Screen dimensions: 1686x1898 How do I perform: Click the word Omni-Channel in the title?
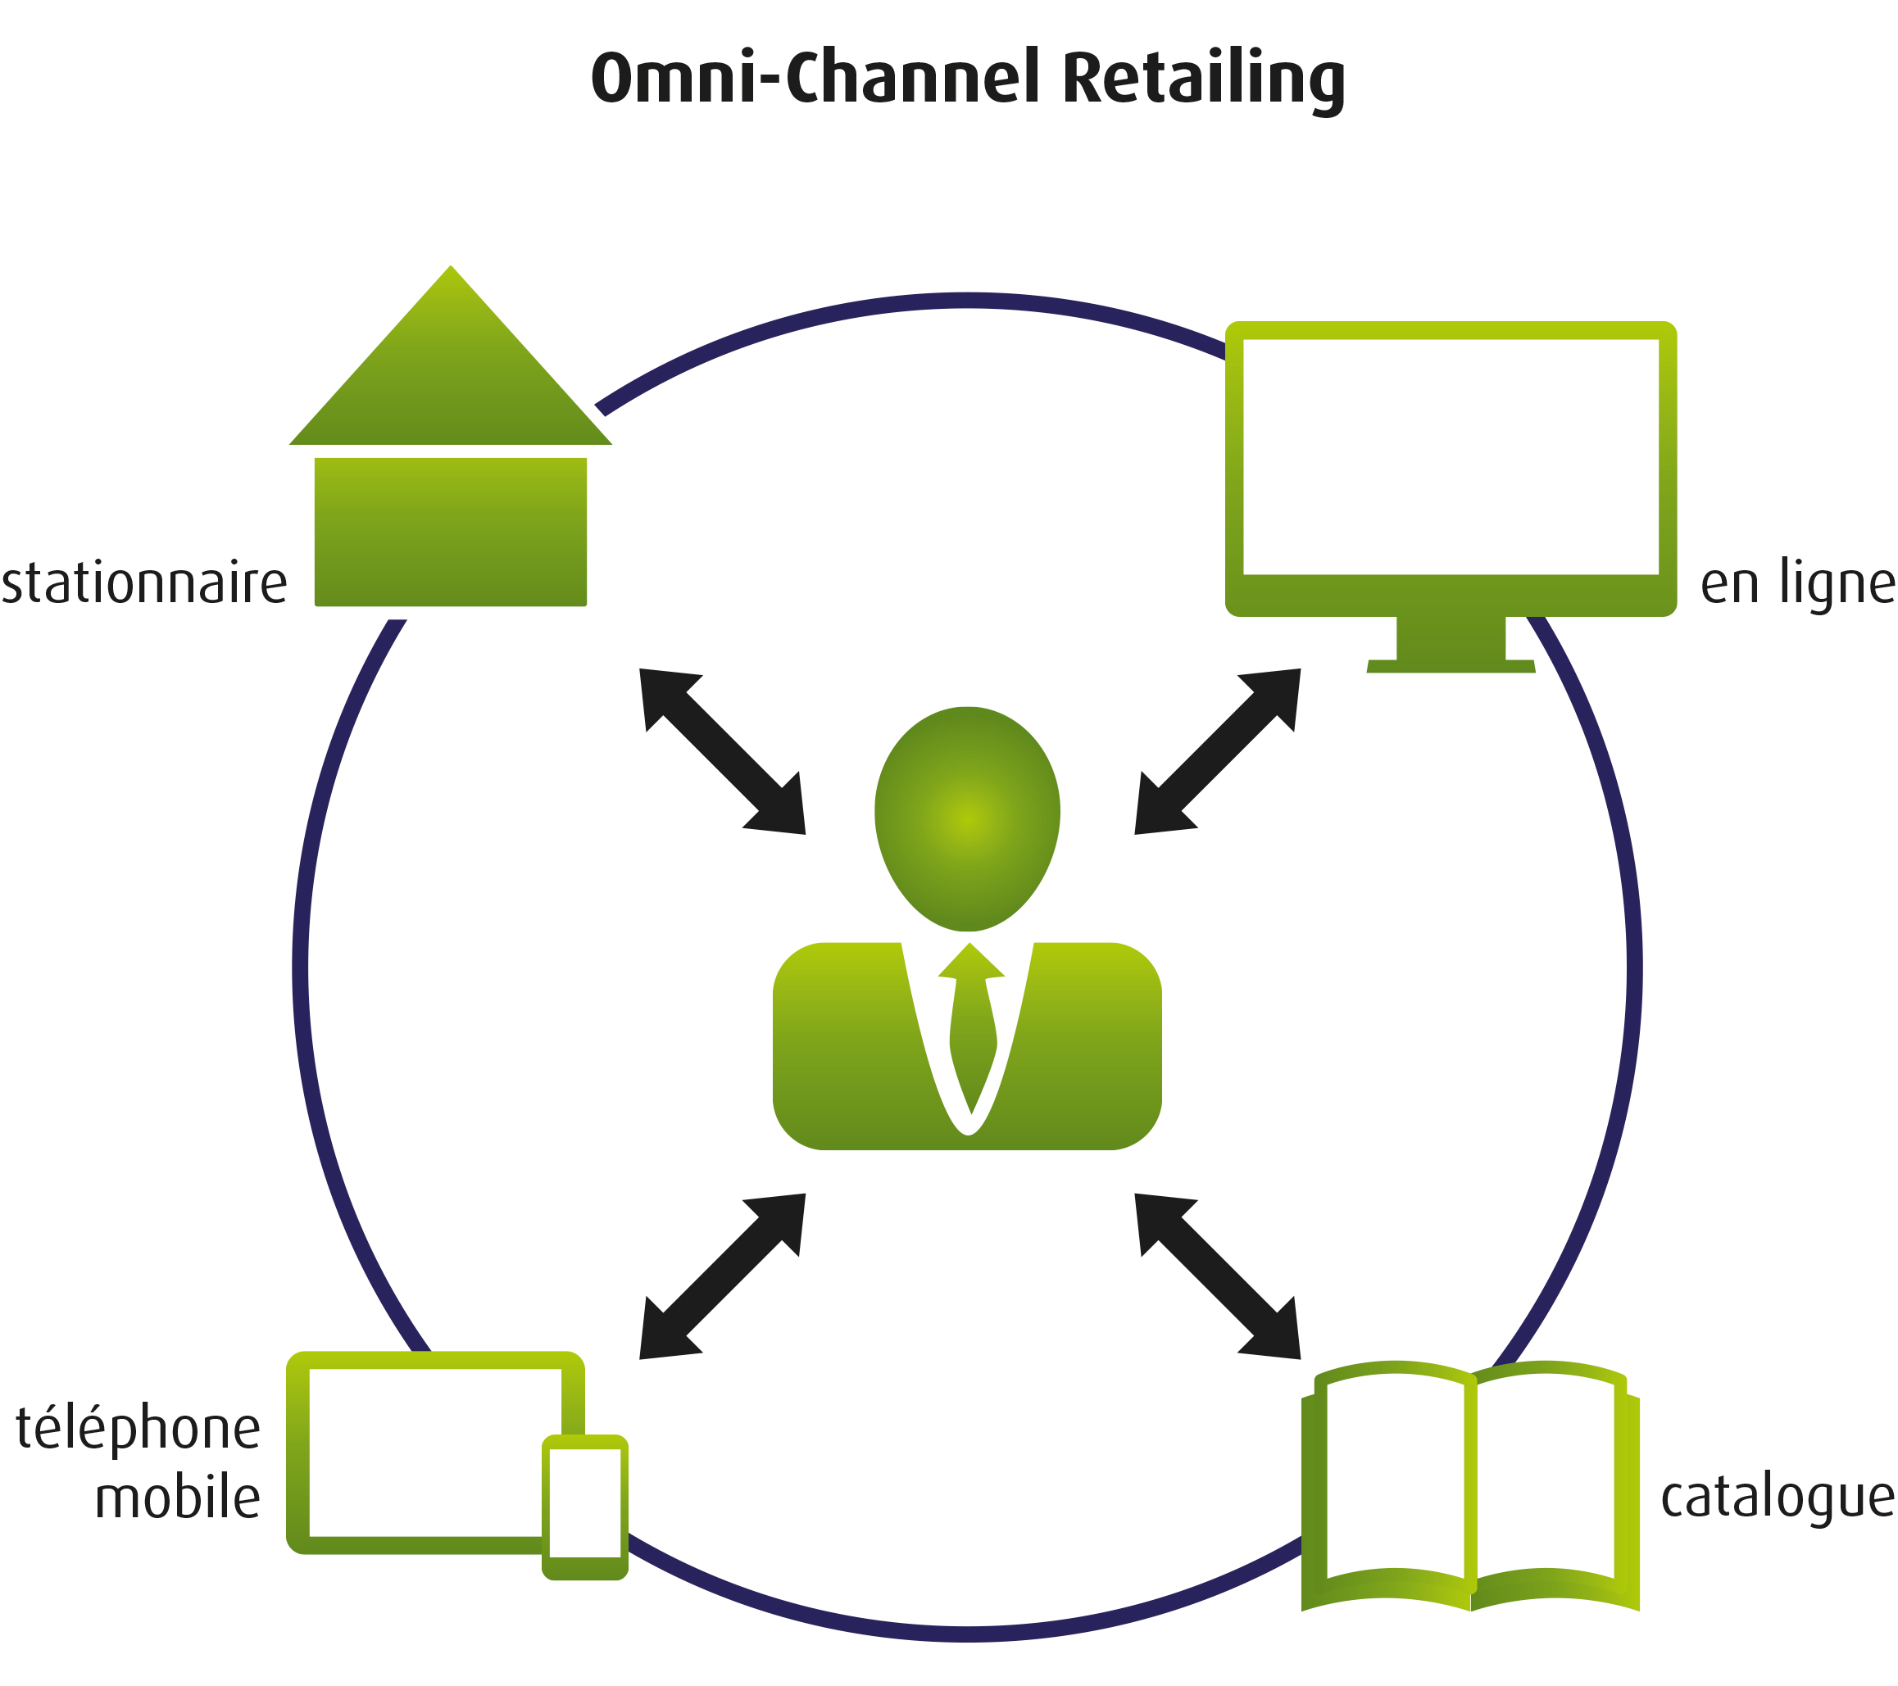pyautogui.click(x=815, y=77)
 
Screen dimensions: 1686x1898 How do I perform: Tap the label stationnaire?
pyautogui.click(x=144, y=584)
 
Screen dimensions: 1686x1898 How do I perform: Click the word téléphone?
pyautogui.click(x=138, y=1429)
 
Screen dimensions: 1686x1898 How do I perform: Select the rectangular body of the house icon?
pyautogui.click(x=451, y=532)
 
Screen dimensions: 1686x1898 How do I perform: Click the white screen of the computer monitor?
pyautogui.click(x=1451, y=457)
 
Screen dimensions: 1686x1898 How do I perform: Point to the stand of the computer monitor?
pyautogui.click(x=1451, y=646)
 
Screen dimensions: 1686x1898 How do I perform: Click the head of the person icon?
pyautogui.click(x=967, y=818)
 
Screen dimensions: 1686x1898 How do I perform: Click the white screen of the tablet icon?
pyautogui.click(x=427, y=1453)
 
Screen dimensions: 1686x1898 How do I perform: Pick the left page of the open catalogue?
pyautogui.click(x=1395, y=1481)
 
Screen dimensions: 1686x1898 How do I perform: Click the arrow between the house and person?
pyautogui.click(x=723, y=751)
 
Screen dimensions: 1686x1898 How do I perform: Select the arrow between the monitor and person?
pyautogui.click(x=1216, y=751)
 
